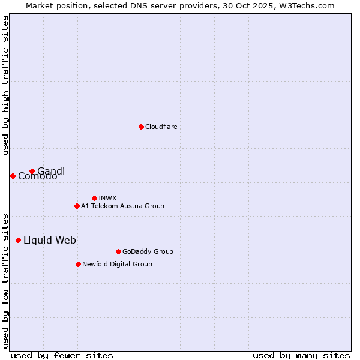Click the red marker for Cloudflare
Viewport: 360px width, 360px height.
[x=141, y=127]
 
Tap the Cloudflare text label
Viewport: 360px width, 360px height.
[x=161, y=127]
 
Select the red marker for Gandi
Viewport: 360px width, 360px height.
[x=32, y=171]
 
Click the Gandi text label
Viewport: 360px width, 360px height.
[x=51, y=171]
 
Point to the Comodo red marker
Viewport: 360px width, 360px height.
[x=13, y=176]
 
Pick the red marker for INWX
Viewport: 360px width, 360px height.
[x=94, y=198]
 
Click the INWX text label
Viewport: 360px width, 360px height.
[x=107, y=198]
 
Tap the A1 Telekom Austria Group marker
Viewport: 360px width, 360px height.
[x=77, y=206]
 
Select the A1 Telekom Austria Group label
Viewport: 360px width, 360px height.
[x=122, y=206]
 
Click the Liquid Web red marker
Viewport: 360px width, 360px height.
[x=18, y=240]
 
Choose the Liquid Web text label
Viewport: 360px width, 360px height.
[x=49, y=240]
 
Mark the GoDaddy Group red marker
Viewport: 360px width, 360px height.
[x=118, y=251]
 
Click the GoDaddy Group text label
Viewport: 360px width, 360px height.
[x=147, y=251]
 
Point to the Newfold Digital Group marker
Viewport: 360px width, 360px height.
[x=78, y=264]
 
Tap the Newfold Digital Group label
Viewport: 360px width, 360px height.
[x=117, y=264]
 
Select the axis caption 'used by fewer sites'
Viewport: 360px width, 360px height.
[x=62, y=355]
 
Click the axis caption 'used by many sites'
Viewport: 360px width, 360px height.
[x=301, y=355]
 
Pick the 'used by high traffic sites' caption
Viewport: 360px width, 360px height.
[x=5, y=85]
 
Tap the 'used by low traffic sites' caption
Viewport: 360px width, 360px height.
[x=5, y=280]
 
